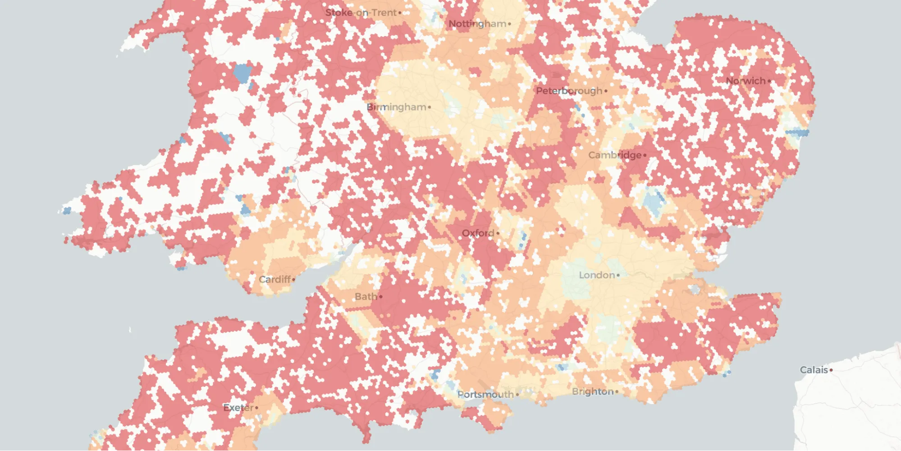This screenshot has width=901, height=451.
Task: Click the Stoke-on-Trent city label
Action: tap(361, 13)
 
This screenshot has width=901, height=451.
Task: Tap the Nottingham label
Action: tap(477, 23)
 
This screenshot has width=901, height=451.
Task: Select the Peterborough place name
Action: tap(569, 91)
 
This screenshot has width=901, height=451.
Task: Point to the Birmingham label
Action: tap(396, 107)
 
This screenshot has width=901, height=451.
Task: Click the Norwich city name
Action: tap(745, 81)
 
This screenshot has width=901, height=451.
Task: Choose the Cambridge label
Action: tap(615, 155)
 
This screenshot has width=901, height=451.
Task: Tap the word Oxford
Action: tap(478, 233)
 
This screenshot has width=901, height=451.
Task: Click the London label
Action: tap(597, 275)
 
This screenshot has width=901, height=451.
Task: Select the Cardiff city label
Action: tap(274, 280)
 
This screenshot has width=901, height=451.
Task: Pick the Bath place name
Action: tap(366, 297)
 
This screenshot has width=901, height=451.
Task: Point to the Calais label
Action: tap(814, 370)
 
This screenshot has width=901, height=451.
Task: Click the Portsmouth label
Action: tap(485, 395)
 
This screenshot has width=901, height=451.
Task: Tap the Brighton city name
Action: tap(593, 391)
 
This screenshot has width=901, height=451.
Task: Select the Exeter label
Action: tap(238, 408)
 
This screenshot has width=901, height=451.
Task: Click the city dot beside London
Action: tap(618, 275)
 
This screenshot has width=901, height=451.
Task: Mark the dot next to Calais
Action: tap(831, 370)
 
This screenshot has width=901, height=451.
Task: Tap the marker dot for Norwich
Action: tap(769, 81)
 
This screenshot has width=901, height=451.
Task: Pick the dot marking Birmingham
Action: tap(430, 107)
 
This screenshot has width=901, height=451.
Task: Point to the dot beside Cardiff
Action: tap(294, 280)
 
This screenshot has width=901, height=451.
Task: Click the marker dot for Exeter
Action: tap(257, 408)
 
